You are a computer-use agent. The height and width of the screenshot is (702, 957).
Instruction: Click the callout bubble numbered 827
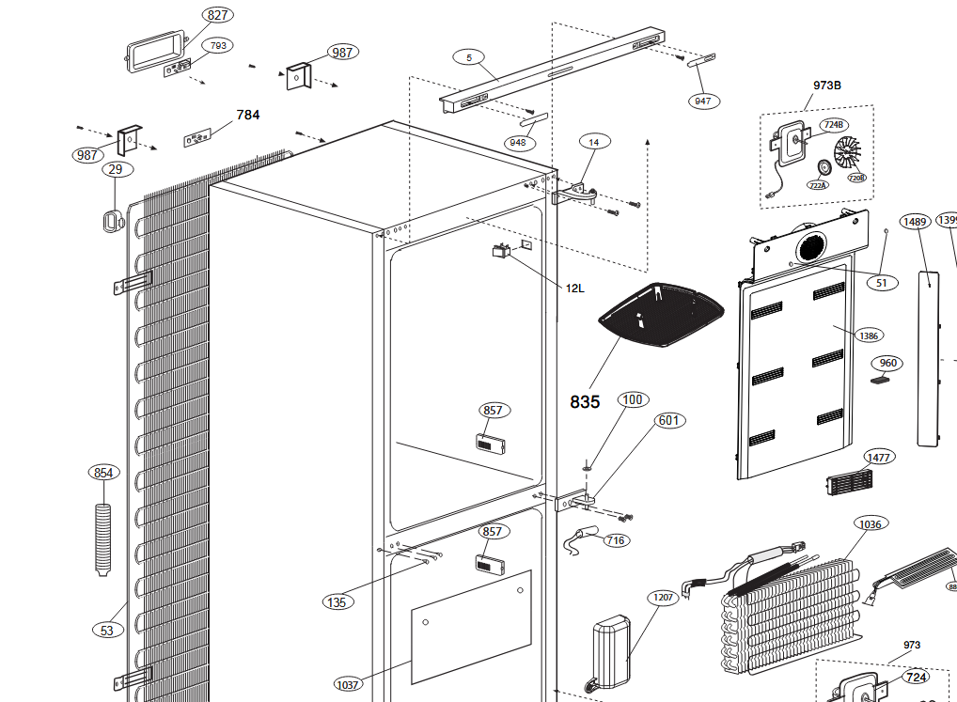(219, 15)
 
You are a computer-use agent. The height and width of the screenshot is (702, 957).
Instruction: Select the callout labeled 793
(218, 45)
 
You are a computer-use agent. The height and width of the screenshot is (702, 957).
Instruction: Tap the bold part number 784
(248, 115)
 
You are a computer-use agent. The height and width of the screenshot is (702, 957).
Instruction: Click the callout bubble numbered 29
(115, 170)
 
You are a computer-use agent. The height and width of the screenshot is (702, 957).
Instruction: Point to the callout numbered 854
(103, 473)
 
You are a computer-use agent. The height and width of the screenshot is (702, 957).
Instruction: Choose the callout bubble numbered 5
(468, 57)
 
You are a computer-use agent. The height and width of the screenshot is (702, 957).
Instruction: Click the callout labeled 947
(702, 101)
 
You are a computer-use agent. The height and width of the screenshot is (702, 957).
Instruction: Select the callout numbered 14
(594, 143)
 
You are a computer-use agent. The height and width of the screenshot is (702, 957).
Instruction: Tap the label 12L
(574, 288)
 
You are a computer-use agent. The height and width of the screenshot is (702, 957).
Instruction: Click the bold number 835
(585, 402)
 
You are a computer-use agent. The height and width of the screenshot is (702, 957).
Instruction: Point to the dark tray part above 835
(663, 314)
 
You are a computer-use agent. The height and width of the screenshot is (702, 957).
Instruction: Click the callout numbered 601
(668, 420)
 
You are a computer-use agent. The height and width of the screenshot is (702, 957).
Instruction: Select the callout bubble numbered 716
(616, 540)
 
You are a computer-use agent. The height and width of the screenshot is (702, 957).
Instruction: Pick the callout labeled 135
(337, 601)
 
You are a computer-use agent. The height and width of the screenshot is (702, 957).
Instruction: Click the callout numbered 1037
(348, 684)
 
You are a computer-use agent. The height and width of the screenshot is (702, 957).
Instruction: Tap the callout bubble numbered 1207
(663, 598)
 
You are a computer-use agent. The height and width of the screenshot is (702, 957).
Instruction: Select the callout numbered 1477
(879, 458)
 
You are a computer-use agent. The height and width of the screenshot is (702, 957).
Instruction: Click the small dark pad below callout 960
(881, 382)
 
